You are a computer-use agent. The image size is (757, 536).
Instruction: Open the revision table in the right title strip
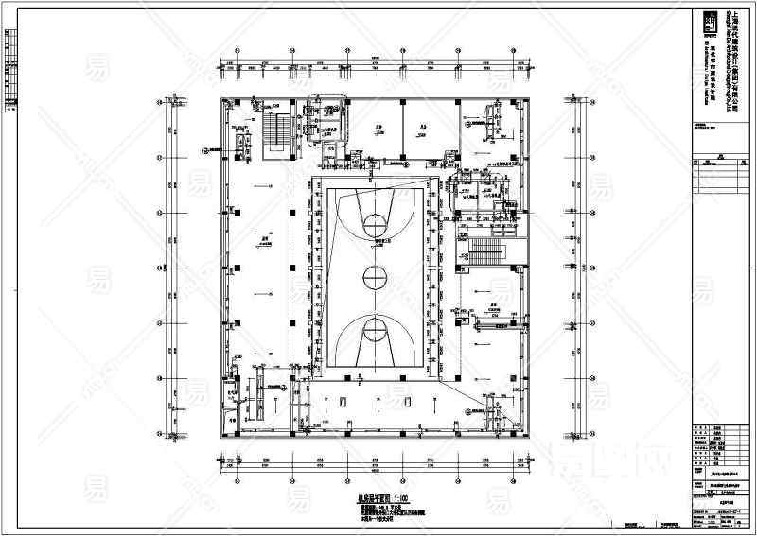714,176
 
